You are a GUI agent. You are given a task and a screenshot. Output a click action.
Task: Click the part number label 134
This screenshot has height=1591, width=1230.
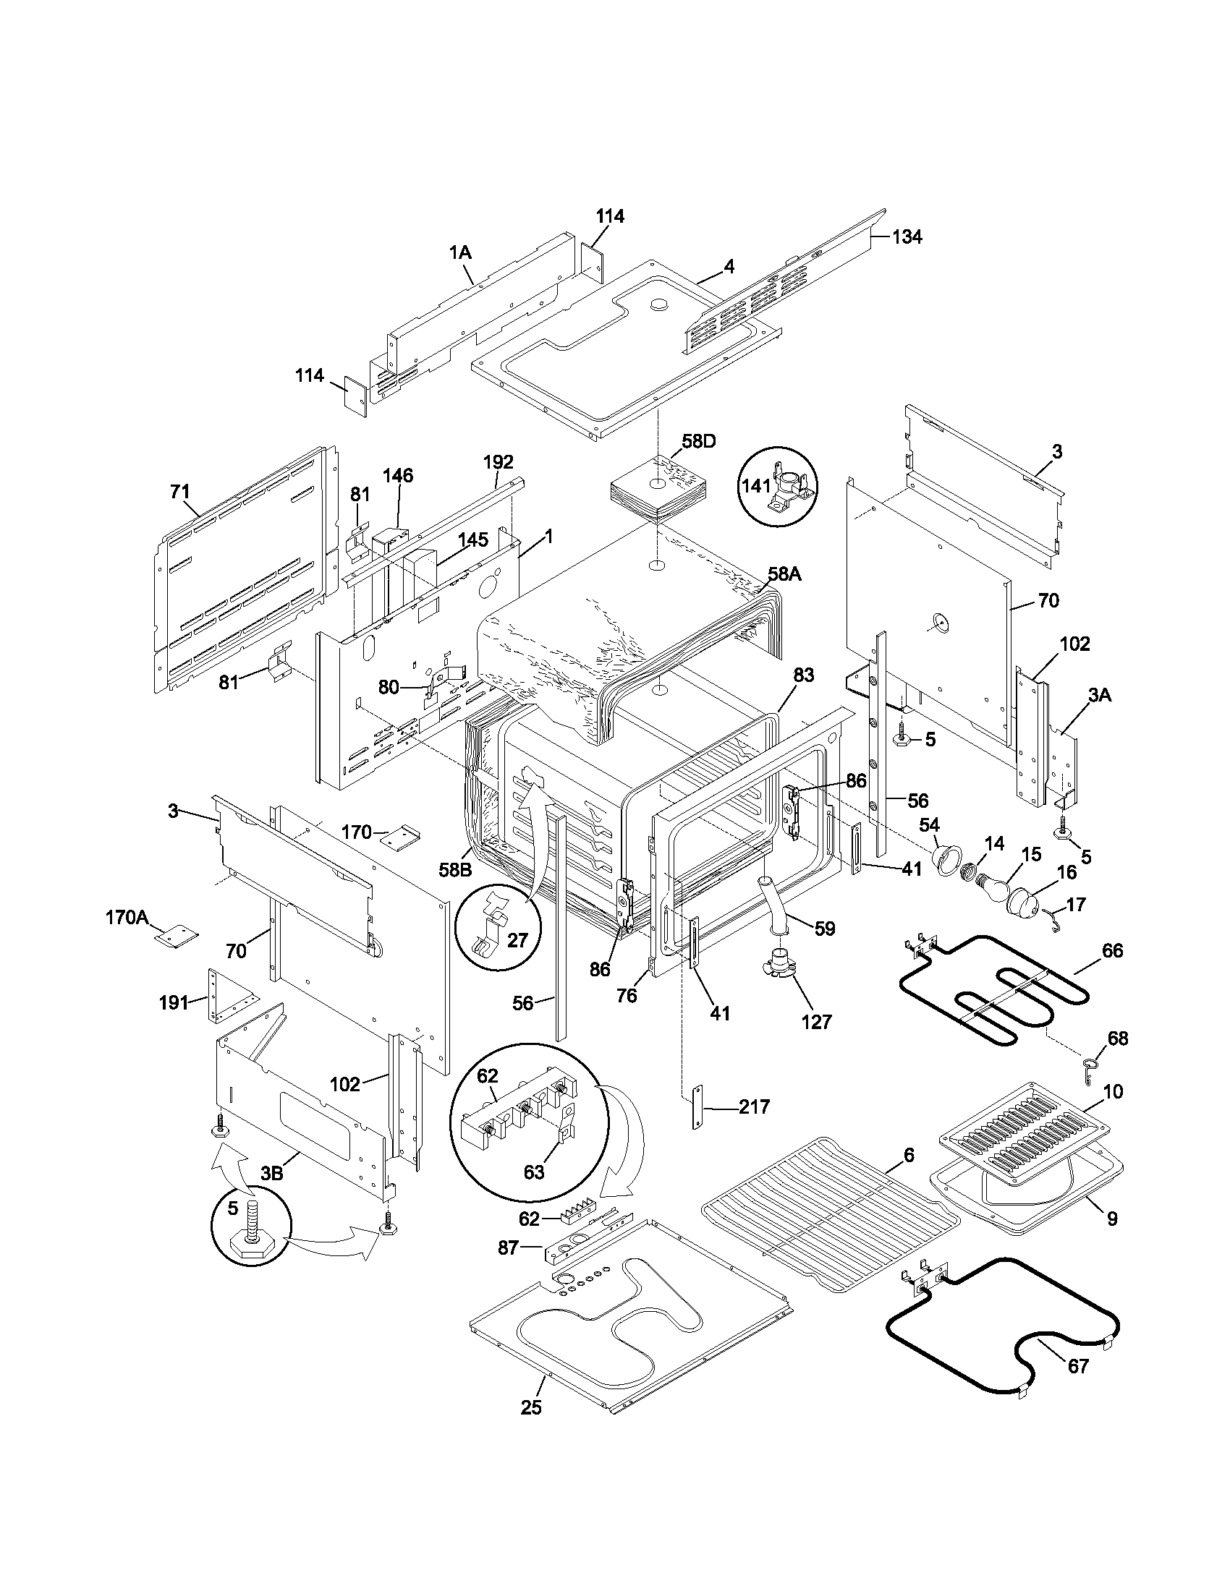[907, 236]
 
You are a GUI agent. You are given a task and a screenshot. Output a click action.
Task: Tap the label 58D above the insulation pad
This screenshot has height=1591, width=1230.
[699, 441]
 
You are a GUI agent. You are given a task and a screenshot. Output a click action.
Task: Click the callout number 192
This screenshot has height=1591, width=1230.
[498, 462]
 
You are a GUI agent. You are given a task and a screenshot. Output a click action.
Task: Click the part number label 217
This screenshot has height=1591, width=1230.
[753, 1106]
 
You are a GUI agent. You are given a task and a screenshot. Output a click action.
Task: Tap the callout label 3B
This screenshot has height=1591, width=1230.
[271, 1173]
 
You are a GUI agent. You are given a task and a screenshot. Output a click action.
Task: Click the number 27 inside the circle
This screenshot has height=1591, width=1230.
[517, 939]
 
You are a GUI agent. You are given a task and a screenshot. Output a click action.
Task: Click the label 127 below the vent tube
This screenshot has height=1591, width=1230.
[816, 1022]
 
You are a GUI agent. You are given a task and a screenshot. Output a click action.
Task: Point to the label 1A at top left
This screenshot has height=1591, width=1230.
[459, 253]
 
